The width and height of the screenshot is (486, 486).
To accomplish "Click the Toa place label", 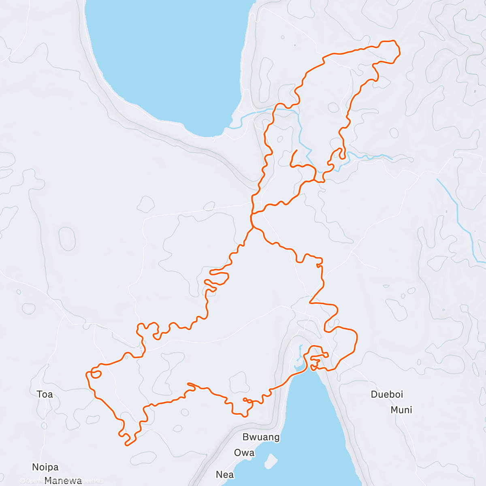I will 45,394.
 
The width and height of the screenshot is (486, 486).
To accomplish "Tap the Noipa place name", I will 45,467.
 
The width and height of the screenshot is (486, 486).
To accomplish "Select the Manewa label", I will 63,481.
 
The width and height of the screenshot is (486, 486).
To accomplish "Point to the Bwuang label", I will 261,437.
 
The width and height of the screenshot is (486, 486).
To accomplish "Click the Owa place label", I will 244,452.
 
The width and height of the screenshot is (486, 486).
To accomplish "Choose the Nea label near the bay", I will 225,474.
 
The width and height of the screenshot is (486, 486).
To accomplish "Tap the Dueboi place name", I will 387,394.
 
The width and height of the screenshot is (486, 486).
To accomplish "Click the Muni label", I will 401,410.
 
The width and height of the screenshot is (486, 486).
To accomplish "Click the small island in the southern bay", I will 271,460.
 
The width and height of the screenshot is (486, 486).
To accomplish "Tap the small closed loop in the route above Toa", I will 96,373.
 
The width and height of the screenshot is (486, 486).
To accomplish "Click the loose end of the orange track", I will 297,151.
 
